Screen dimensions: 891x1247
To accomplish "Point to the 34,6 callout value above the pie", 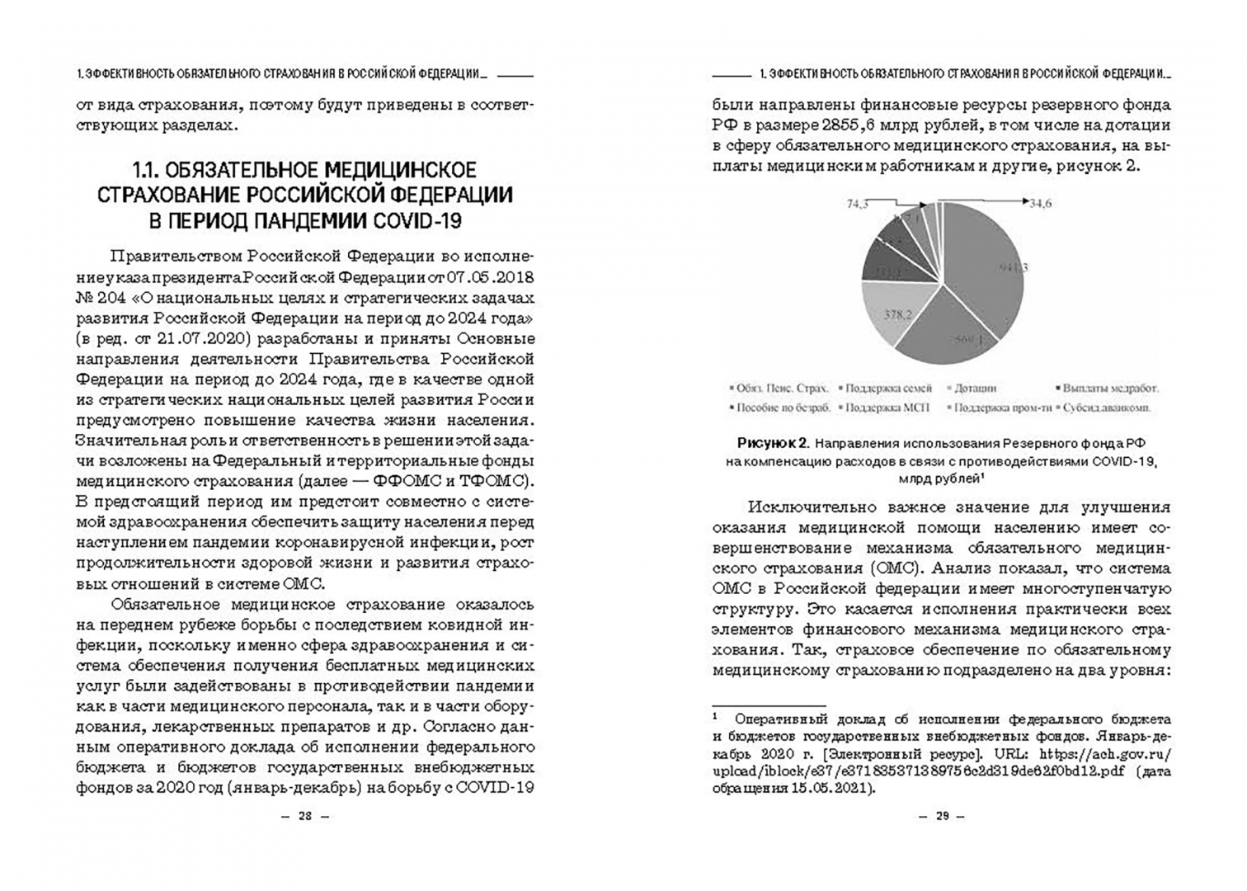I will click(x=1040, y=203).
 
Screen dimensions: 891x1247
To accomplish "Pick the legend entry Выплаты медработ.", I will click(x=1110, y=387).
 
